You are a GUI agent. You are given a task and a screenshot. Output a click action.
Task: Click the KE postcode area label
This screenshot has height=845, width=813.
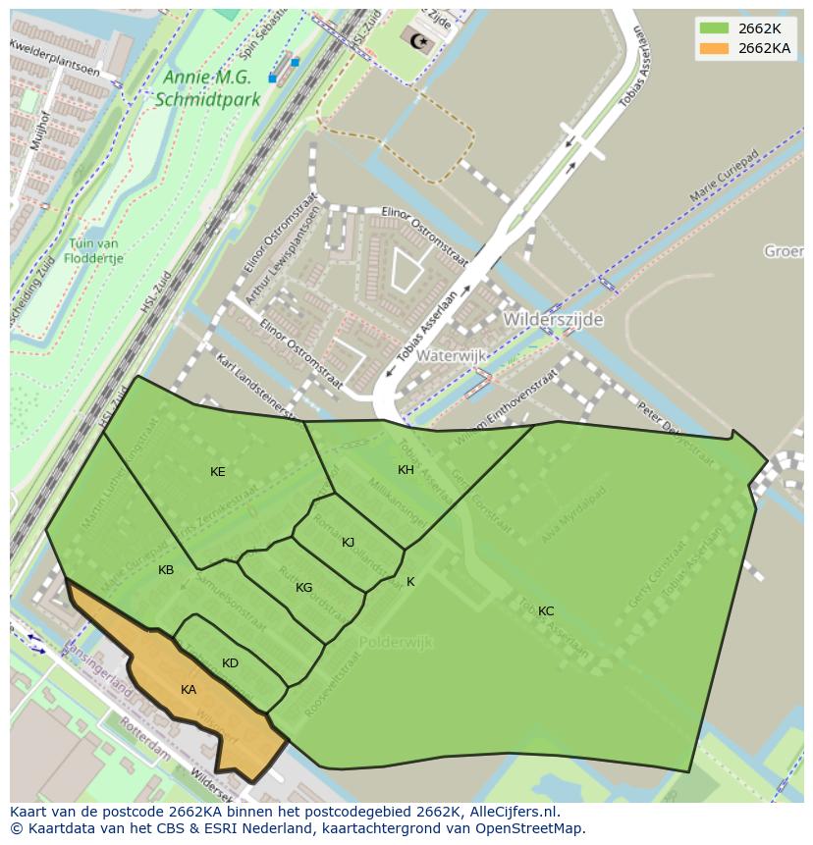coord(218,472)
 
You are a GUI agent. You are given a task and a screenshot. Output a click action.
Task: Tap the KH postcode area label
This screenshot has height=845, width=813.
coord(406,470)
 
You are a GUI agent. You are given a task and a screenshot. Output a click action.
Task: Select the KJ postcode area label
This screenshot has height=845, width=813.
coord(349,543)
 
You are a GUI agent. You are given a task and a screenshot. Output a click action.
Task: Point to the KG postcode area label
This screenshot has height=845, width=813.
coord(304,588)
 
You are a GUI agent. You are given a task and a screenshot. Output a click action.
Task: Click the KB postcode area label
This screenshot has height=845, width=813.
coord(166,570)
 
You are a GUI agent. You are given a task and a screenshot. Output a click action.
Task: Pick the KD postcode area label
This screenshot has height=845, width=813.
coord(230,663)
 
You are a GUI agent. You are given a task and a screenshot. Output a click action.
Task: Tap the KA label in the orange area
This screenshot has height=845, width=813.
coord(189,690)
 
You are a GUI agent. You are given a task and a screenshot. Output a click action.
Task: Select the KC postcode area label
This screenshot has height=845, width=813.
coord(546,611)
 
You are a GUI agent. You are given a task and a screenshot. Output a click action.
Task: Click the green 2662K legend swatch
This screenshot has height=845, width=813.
coord(714,28)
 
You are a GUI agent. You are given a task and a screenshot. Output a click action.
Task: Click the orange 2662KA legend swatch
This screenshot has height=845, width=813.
coord(714,48)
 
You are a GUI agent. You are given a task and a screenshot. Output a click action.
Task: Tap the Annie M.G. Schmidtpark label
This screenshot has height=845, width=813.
coord(208,87)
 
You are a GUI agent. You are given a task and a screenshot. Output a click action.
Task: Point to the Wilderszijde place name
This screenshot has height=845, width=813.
coord(553,320)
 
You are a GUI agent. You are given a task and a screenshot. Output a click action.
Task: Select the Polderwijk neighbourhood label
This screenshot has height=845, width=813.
coord(396,642)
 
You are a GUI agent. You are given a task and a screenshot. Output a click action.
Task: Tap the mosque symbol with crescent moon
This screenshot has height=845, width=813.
coord(419,39)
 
